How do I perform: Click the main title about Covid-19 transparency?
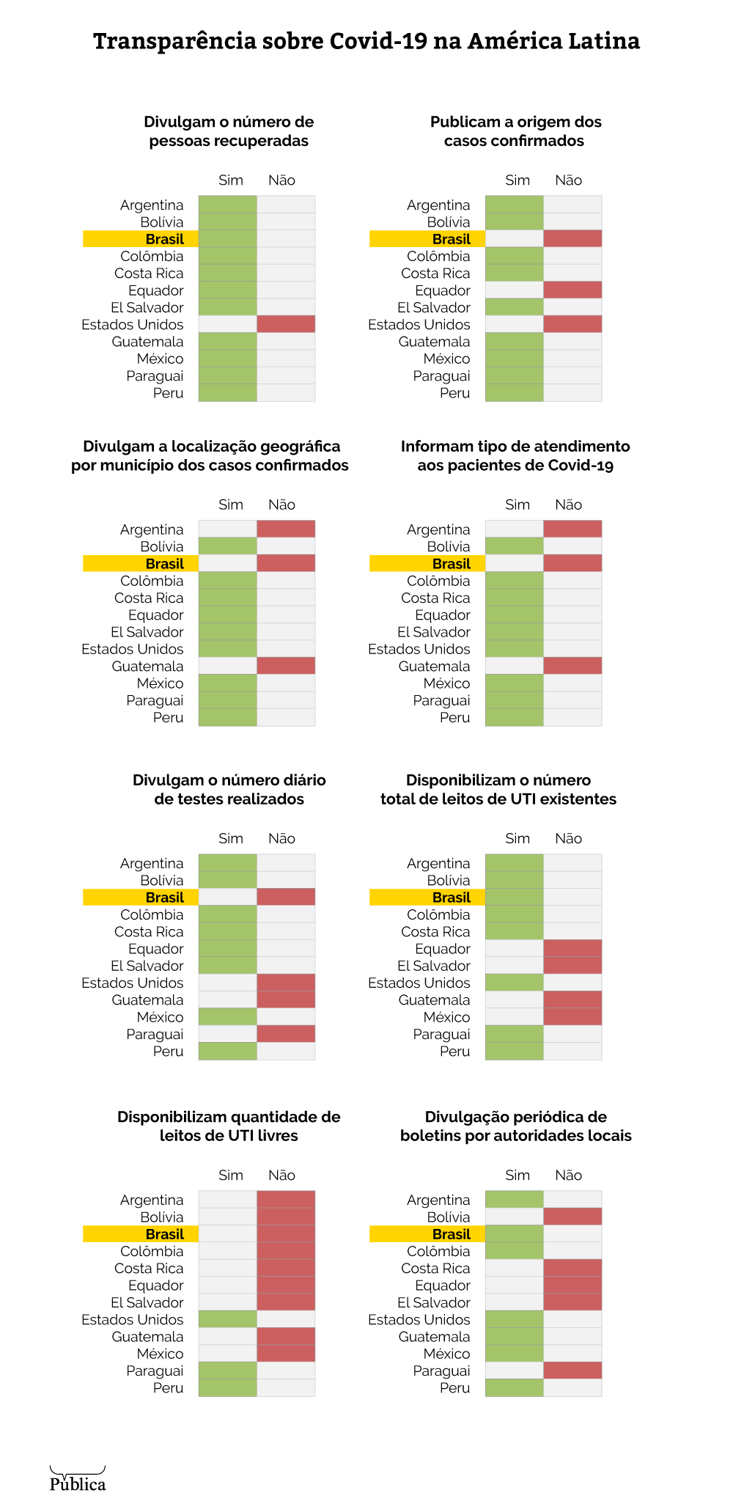coord(366,41)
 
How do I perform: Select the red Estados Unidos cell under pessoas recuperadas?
coord(286,324)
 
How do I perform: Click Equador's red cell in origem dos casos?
coord(572,290)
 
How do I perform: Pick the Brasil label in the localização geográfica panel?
coord(164,564)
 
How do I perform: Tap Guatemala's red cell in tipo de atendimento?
coord(572,666)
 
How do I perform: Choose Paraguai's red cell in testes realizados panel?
coord(286,1034)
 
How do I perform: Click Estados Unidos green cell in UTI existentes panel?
coord(515,983)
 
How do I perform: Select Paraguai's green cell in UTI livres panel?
coord(228,1371)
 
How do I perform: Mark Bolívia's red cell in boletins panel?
coord(572,1217)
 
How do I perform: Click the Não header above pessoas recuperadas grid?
coord(281,180)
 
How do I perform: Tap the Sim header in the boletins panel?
coord(517,1175)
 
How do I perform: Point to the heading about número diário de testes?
coord(229,790)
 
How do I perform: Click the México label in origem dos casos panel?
coord(446,359)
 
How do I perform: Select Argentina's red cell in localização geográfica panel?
coord(286,529)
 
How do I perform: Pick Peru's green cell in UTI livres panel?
coord(228,1387)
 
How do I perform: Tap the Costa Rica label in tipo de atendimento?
coord(435,598)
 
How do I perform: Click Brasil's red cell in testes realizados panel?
coord(286,898)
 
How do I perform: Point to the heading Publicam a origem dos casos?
coord(515,131)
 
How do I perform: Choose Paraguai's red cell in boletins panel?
coord(572,1371)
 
